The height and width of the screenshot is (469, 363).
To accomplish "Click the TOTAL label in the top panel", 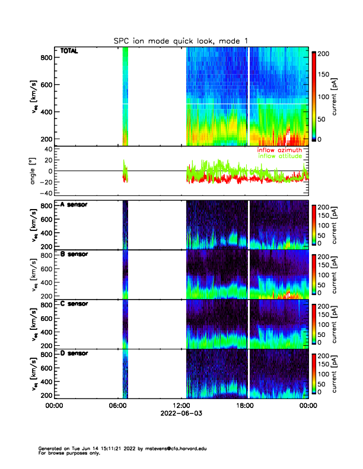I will [69, 52].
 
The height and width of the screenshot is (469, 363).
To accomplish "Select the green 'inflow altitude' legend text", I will [282, 156].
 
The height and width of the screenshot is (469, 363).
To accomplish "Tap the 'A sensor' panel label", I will [74, 204].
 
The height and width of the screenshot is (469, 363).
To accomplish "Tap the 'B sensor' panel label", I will [74, 254].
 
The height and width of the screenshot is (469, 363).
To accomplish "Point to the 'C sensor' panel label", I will [74, 304].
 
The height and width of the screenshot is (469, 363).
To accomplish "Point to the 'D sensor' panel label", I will [74, 354].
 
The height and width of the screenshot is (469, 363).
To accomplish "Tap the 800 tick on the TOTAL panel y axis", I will [45, 57].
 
